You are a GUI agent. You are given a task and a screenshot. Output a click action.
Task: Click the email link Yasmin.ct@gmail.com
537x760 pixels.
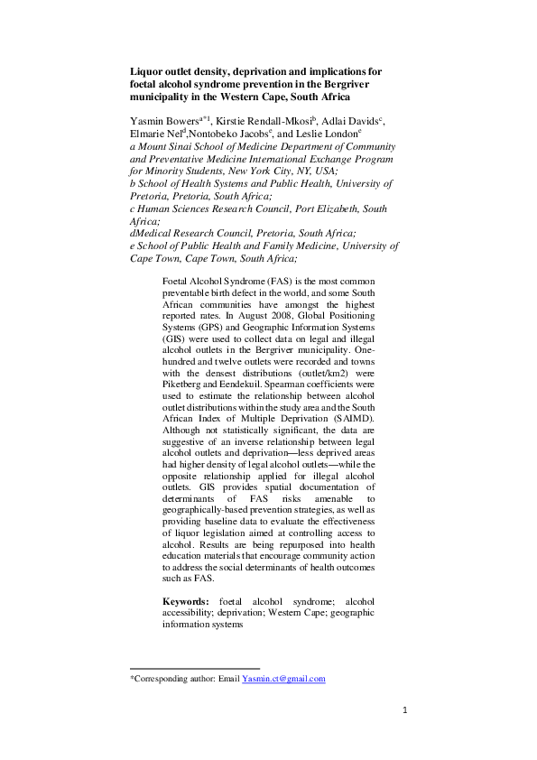283,679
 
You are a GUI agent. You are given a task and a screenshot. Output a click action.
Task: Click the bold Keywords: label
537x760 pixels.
186,600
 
